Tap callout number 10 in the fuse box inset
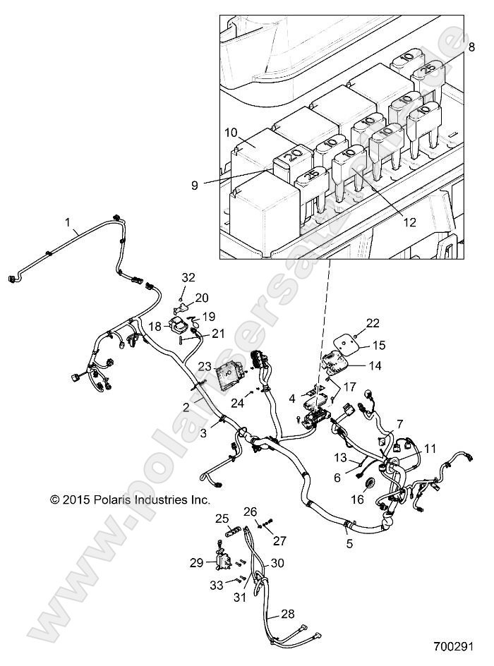pyautogui.click(x=231, y=132)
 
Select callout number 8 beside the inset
pyautogui.click(x=470, y=48)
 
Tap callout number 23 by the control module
pyautogui.click(x=204, y=367)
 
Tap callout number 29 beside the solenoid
pyautogui.click(x=196, y=562)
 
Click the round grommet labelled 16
pyautogui.click(x=367, y=484)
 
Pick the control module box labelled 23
pyautogui.click(x=230, y=372)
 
